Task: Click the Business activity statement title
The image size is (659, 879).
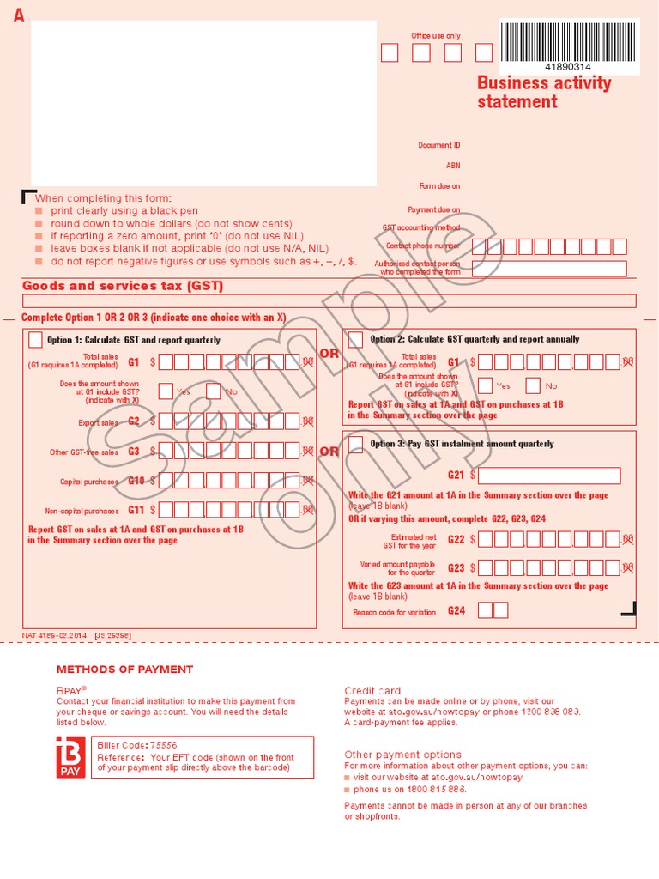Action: (x=544, y=92)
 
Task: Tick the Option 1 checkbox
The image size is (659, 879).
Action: (x=36, y=339)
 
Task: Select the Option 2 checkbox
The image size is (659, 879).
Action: (x=355, y=338)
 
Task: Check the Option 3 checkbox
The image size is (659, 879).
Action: (x=355, y=443)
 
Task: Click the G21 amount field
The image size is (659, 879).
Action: (x=549, y=476)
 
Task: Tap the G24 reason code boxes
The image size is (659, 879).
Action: (x=493, y=610)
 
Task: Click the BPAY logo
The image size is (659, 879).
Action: (x=70, y=756)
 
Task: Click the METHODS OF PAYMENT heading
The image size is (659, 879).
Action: (x=124, y=670)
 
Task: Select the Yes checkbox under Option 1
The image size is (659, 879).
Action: (x=166, y=391)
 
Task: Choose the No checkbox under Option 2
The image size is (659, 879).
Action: (x=533, y=385)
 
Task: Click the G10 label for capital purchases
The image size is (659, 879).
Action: (x=136, y=481)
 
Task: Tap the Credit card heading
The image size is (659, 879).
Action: (x=372, y=690)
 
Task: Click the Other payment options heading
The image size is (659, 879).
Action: (x=402, y=755)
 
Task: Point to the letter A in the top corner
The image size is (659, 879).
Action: (x=19, y=15)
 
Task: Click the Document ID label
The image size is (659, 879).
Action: (x=439, y=145)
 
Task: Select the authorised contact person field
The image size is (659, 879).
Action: (x=549, y=269)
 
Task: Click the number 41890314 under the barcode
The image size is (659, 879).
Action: (x=567, y=67)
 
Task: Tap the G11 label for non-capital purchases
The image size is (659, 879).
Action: (x=136, y=510)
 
